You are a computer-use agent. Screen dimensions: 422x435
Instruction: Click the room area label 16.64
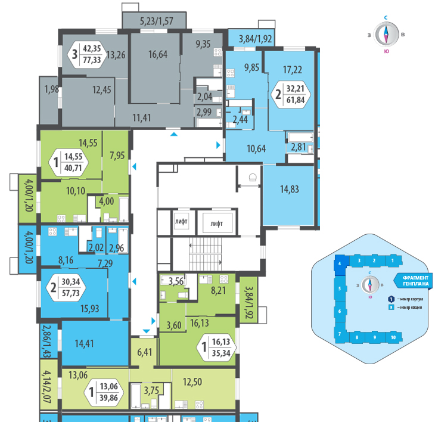157,54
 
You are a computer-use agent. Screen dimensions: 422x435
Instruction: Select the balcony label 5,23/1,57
156,22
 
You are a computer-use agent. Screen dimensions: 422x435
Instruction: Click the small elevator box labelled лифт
181,222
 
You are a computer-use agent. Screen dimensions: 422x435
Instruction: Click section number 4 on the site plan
339,263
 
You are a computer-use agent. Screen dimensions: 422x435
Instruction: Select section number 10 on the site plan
393,337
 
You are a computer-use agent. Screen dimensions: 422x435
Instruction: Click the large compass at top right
386,34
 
